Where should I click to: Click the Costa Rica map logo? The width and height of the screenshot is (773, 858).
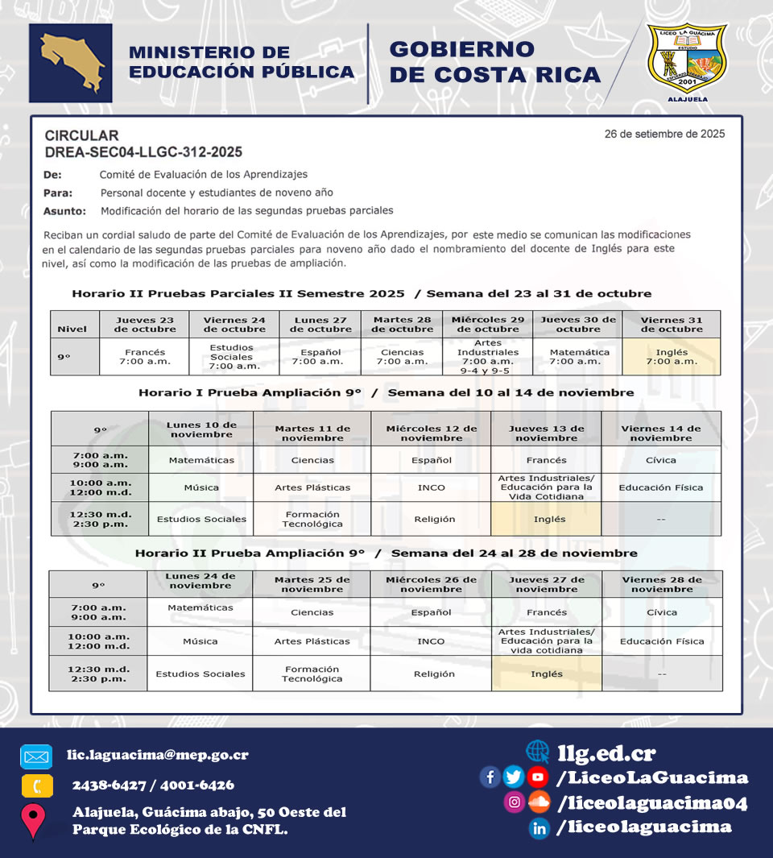(x=70, y=63)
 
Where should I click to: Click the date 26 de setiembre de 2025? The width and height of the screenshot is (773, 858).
(x=664, y=134)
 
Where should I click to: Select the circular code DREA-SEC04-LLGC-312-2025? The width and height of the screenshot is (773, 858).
(x=143, y=151)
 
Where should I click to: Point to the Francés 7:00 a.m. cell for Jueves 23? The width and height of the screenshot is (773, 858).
(x=145, y=357)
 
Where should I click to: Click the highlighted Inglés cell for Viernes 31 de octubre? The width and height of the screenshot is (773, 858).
(x=672, y=357)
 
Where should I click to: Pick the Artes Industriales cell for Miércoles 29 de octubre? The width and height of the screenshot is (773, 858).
(x=488, y=357)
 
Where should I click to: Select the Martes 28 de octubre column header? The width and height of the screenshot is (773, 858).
(x=402, y=325)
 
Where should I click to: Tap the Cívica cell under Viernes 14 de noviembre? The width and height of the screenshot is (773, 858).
(x=661, y=460)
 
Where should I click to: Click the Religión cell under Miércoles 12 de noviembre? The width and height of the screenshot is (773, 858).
(x=431, y=519)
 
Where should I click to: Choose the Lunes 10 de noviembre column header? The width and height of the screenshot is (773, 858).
(x=201, y=429)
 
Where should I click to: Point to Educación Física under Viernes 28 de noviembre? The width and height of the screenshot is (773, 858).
(x=662, y=641)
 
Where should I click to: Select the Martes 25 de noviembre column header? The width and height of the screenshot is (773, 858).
(x=312, y=584)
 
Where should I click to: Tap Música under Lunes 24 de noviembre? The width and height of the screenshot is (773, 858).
(x=200, y=641)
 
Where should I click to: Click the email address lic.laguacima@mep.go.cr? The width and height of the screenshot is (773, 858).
(x=157, y=756)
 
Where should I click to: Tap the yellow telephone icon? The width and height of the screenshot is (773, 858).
(x=35, y=786)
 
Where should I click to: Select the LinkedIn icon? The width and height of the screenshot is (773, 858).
(x=539, y=827)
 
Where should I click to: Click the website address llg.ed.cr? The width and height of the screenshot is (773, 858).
(x=606, y=753)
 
